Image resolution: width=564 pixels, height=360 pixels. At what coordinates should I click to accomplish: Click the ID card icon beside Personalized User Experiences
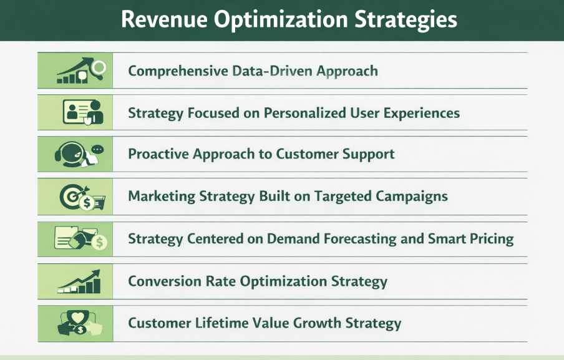click(77, 112)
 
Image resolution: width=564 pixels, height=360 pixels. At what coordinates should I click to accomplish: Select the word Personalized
click(301, 113)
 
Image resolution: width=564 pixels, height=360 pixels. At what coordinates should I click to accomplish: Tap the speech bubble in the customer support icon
click(97, 149)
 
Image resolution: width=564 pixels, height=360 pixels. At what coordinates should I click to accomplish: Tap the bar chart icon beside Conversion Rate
click(79, 283)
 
